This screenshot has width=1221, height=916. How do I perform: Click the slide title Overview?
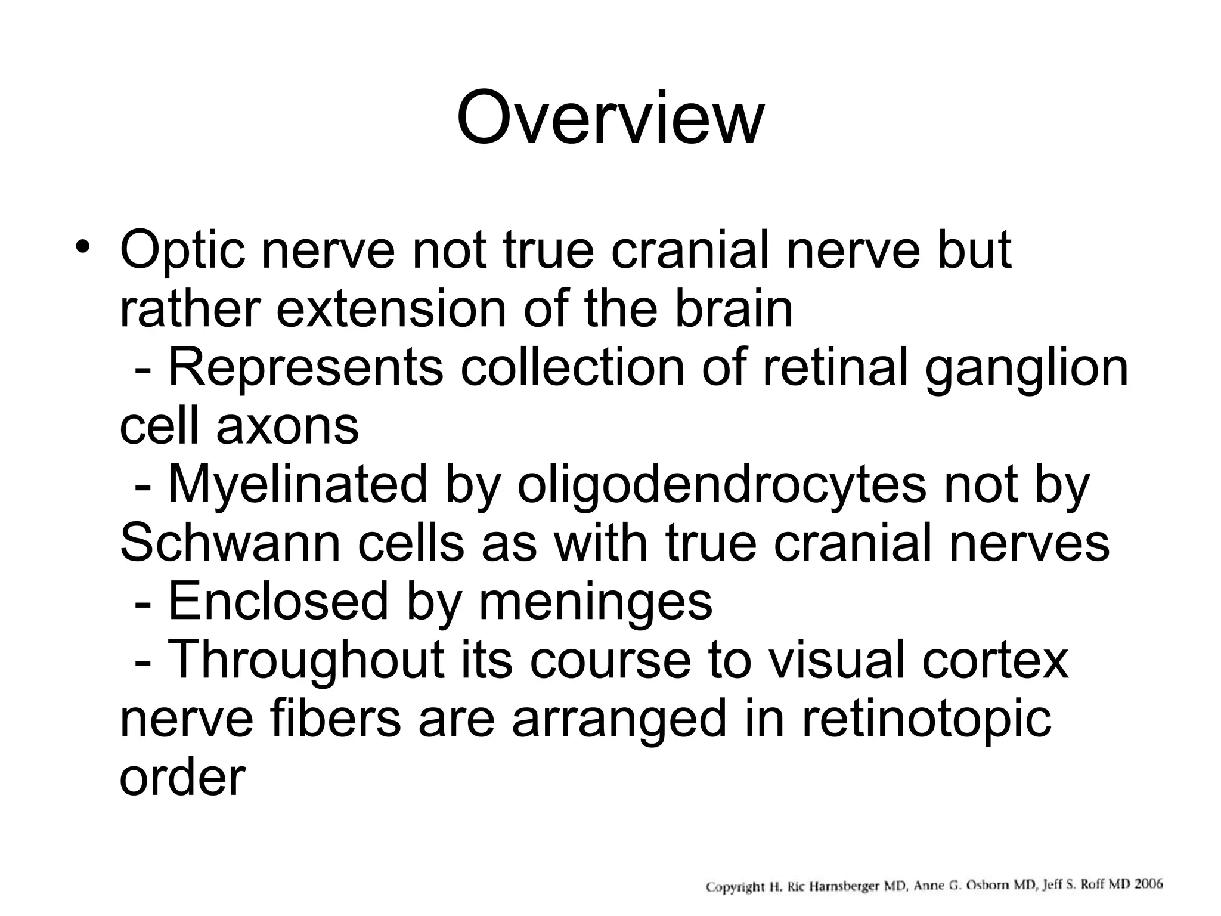609,119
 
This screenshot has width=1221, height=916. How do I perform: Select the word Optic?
182,250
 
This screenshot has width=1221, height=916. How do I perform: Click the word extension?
391,308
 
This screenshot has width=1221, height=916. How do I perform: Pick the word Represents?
306,368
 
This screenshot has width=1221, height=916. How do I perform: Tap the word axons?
287,426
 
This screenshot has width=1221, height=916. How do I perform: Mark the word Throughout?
306,660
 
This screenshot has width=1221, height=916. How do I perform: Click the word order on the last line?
182,776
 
